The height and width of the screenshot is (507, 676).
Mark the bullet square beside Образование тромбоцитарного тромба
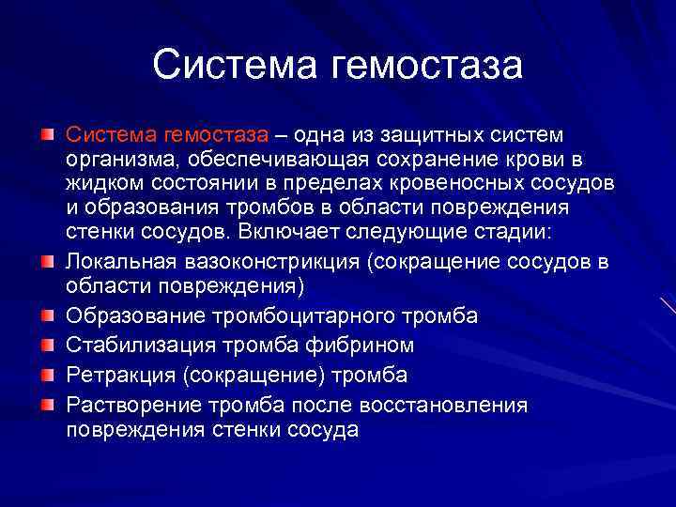(x=46, y=314)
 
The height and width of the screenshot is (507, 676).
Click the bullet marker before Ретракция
(x=46, y=376)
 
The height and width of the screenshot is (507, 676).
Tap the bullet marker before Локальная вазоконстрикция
(x=46, y=259)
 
